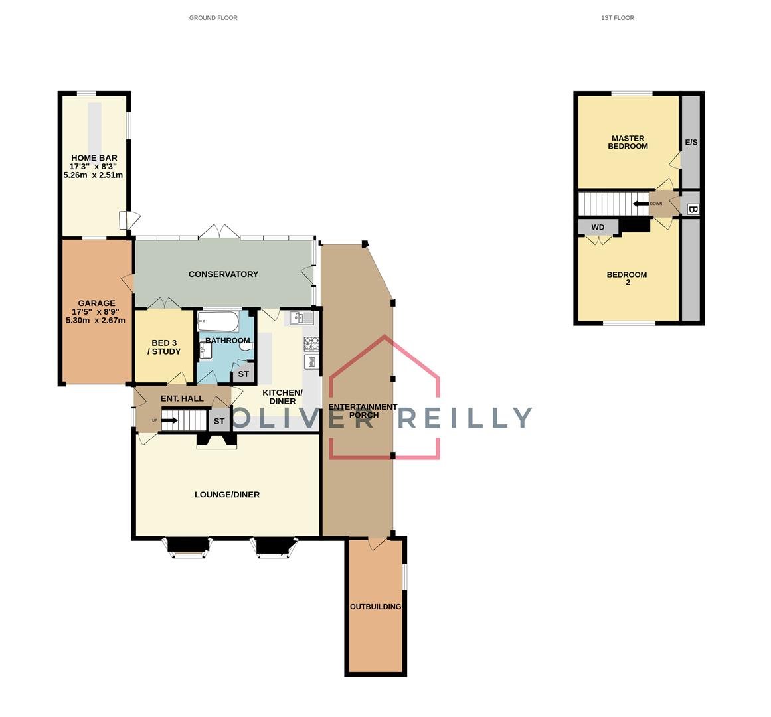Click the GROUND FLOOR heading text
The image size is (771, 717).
coord(213,18)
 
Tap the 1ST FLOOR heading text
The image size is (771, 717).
coord(617,18)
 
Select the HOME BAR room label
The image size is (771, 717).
coord(94,158)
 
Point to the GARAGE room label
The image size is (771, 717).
coord(96,303)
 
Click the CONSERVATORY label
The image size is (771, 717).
coord(223,274)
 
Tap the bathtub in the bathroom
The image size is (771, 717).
coord(218,323)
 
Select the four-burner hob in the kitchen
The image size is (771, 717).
coord(311,343)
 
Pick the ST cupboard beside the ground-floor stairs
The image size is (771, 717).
coord(218,421)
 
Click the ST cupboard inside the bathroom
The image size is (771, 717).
coord(243,374)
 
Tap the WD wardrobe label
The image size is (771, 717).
coord(598,227)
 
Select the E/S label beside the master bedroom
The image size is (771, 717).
coord(691,143)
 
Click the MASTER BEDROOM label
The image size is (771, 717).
coord(628,142)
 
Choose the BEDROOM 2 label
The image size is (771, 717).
coord(628,278)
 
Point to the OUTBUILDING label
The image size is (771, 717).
coord(375,607)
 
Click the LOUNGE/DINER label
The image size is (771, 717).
coord(227,495)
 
